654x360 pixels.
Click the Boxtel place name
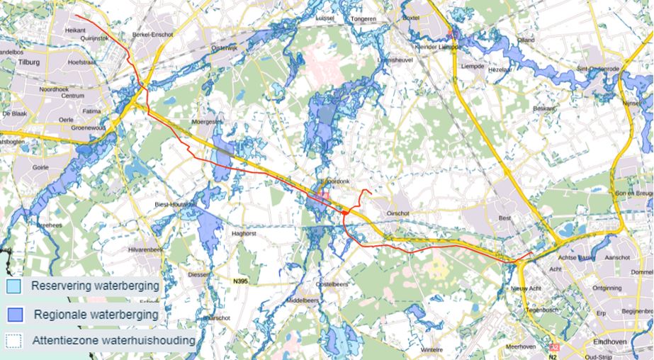pos(412,18)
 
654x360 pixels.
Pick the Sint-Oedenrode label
pos(597,69)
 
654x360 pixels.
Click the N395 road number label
pos(242,281)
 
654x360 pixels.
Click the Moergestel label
pos(207,121)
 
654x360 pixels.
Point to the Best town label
pos(504,218)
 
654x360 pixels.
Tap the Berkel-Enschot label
pos(152,34)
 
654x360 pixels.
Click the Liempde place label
pos(472,66)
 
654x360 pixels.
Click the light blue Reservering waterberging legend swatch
pos(12,287)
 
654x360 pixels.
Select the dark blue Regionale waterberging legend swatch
pos(12,314)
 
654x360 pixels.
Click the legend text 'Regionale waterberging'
pos(96,314)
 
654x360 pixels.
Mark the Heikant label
pos(74,30)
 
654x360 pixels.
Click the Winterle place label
pos(431,349)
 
